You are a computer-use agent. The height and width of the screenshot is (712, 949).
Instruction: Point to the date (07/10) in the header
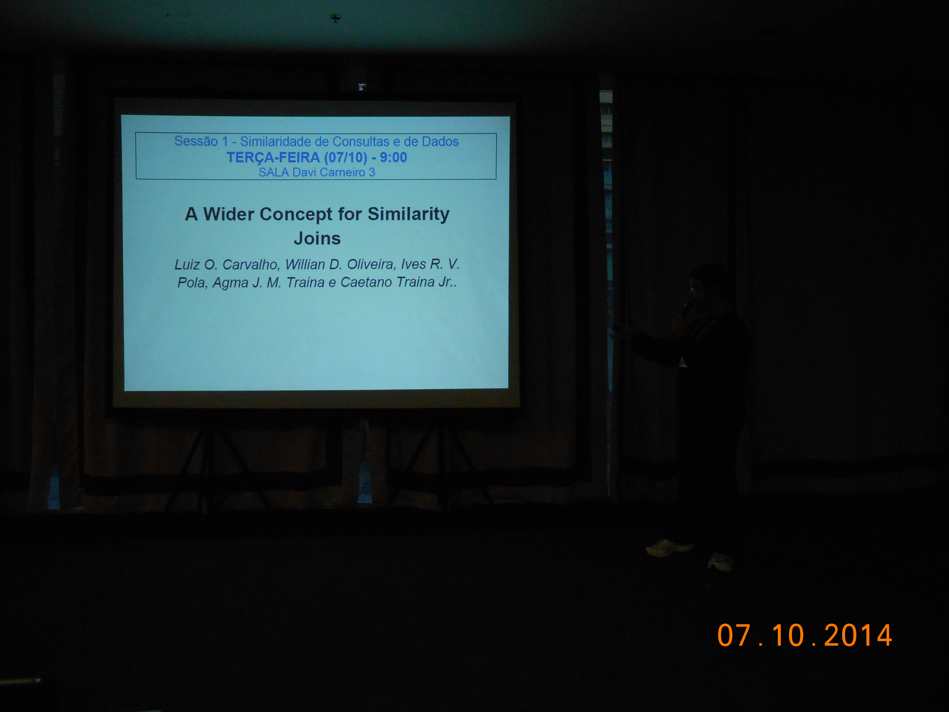(346, 158)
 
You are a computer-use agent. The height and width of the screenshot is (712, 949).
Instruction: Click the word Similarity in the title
(408, 214)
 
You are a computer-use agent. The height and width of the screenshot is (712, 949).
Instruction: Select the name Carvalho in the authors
(251, 264)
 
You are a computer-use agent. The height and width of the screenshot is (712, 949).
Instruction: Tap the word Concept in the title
(296, 214)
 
